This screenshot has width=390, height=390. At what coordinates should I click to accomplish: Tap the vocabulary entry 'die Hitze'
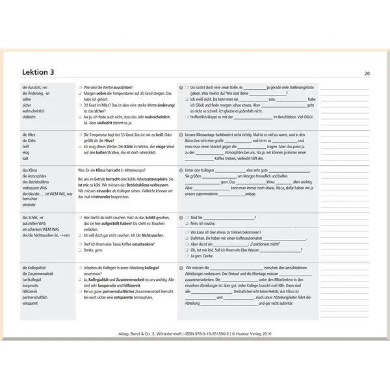(30, 135)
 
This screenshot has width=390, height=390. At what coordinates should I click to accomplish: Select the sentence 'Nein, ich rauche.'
(205, 223)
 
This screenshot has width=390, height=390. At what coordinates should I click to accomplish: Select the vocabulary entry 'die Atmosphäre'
(36, 176)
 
